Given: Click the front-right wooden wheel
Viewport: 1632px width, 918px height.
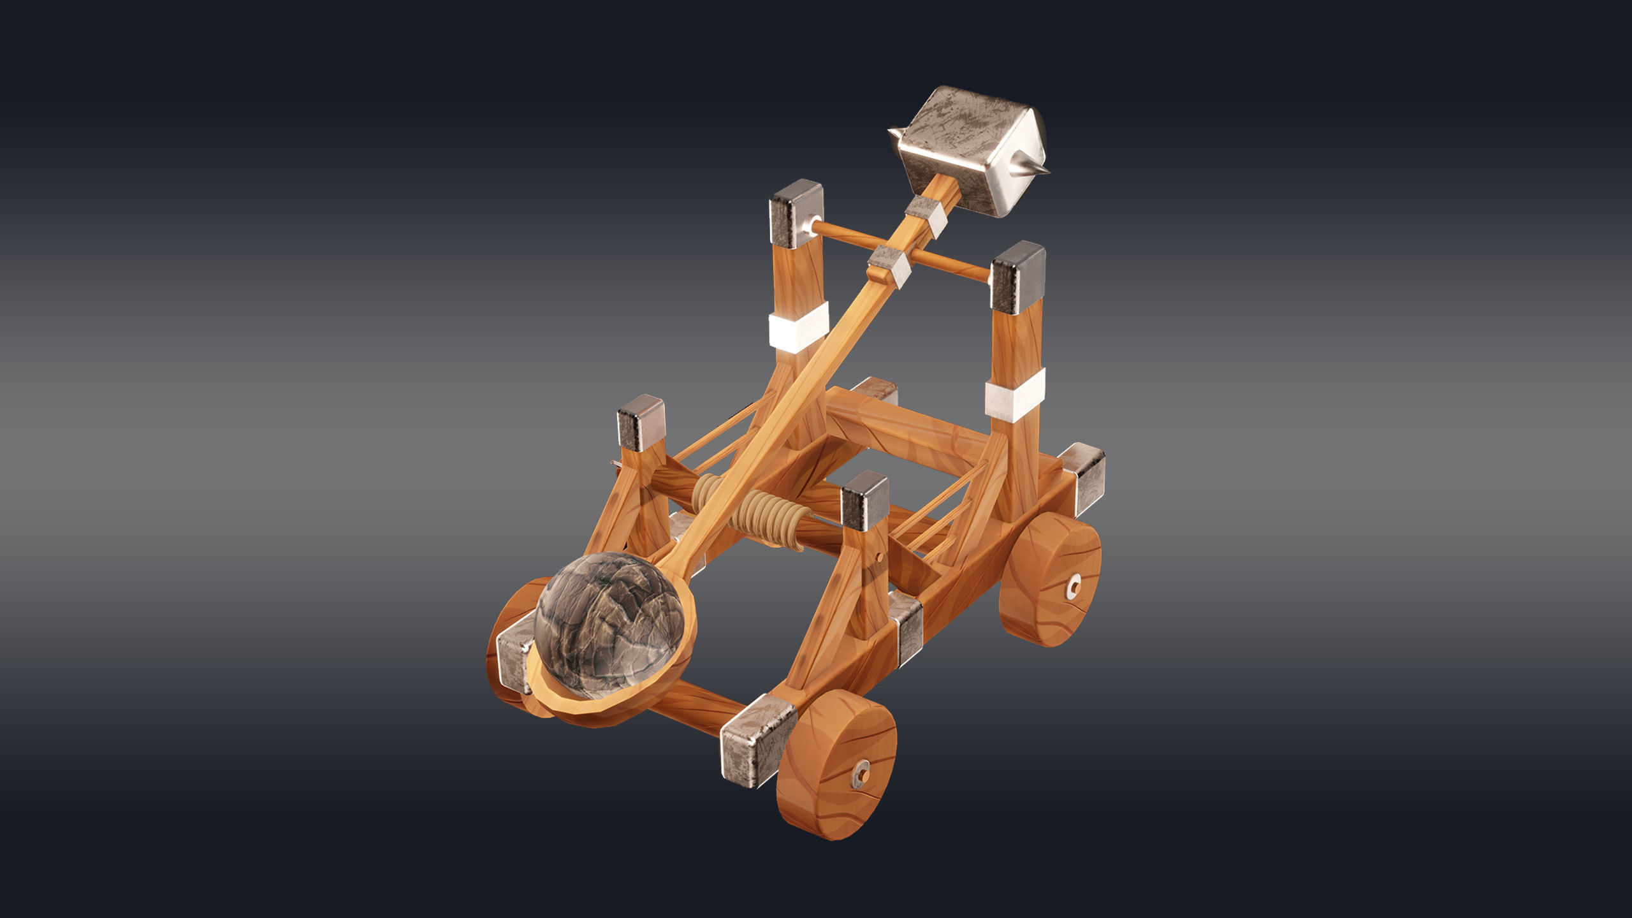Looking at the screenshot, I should [x=836, y=764].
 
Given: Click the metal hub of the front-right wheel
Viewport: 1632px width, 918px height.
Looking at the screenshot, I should [x=861, y=774].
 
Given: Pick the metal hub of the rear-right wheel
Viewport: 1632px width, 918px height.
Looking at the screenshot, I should [x=1074, y=584].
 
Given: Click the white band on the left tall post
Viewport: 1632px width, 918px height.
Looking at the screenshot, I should [x=798, y=326].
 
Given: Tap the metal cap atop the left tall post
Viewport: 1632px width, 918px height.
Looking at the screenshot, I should [x=796, y=212].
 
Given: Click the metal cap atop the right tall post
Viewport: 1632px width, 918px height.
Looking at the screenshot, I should [x=1017, y=276].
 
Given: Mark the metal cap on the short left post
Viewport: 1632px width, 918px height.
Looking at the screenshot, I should [x=641, y=421].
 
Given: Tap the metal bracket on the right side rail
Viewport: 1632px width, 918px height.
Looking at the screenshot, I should [x=906, y=627].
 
